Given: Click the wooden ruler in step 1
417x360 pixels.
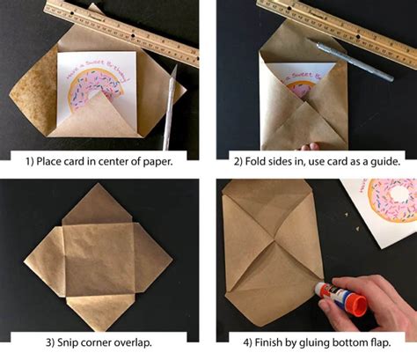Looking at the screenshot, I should pos(106,22).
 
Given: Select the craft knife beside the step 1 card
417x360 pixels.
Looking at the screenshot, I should pos(168,106).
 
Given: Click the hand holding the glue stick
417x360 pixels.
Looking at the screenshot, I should pos(378,304).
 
